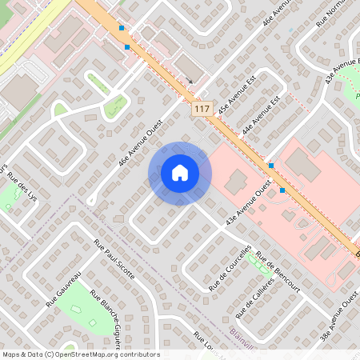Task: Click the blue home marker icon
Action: click(179, 173)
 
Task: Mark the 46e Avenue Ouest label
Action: click(141, 143)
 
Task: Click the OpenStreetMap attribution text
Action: click(81, 354)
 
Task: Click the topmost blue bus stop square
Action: click(122, 28)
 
